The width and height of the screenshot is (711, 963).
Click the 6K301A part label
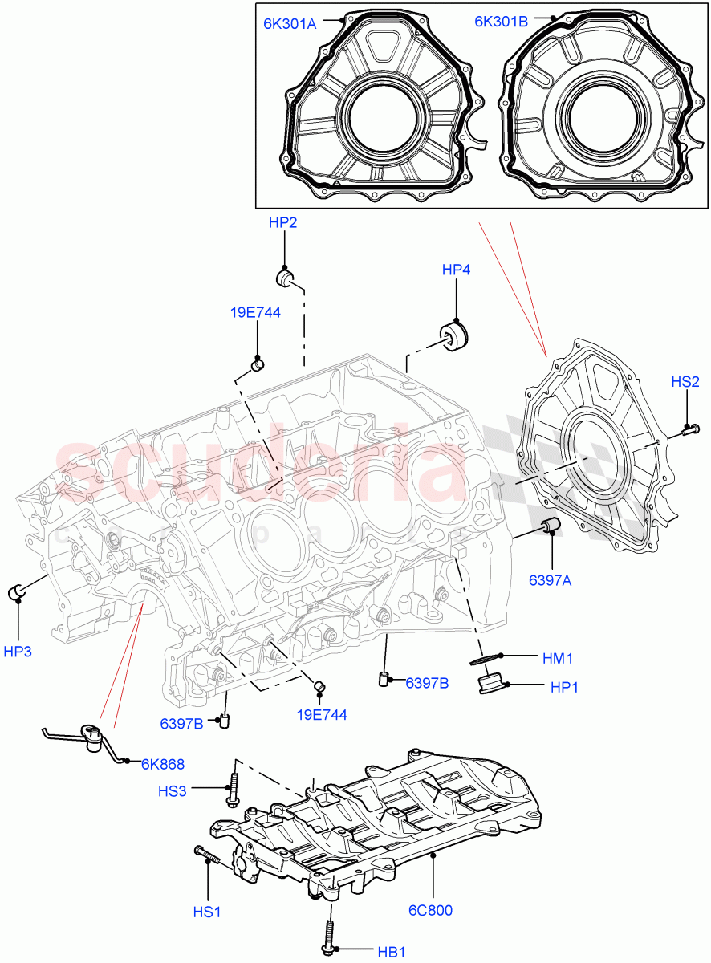pos(290,24)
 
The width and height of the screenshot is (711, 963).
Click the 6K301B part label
pos(501,22)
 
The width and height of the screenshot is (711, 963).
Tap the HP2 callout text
pos(282,223)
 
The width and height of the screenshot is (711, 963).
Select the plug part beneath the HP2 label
pos(286,278)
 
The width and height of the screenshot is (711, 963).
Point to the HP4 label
pos(456,270)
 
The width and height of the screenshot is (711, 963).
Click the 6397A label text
pos(550,580)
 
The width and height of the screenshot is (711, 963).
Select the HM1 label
pos(558,658)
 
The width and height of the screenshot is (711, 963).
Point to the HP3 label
pos(18,652)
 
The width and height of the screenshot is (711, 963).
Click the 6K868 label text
pos(163,764)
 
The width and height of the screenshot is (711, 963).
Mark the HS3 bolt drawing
pos(234,790)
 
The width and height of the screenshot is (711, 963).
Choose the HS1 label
pos(208,912)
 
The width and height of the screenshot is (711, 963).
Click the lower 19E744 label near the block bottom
pos(321,714)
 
